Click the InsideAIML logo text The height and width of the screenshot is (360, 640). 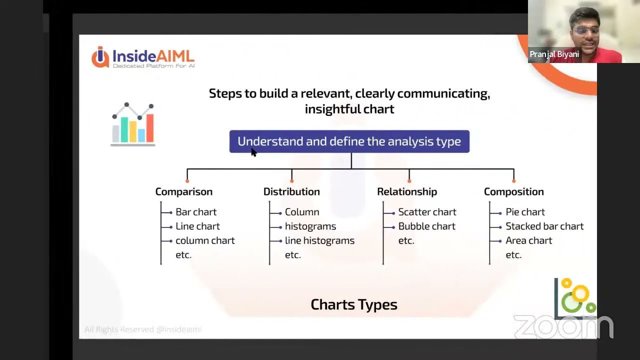(x=152, y=56)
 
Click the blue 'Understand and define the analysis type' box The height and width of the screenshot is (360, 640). (x=349, y=141)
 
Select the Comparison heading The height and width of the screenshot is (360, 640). (x=183, y=191)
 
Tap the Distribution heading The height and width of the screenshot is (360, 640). (x=291, y=191)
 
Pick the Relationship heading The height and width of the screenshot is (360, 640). (x=406, y=191)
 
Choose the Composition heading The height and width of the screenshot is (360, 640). (x=513, y=191)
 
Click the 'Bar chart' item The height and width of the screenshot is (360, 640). (x=195, y=212)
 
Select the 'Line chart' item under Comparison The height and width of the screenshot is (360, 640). (x=197, y=226)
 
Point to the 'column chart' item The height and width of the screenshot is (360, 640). (x=204, y=240)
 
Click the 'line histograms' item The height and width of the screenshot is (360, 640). (x=319, y=240)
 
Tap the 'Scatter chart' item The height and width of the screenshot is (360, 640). (x=426, y=212)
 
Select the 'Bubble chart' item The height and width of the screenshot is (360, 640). (x=426, y=226)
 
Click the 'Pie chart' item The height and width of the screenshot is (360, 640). (x=524, y=212)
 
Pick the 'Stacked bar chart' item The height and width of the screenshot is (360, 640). (x=544, y=226)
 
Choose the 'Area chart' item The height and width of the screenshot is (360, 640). (x=528, y=240)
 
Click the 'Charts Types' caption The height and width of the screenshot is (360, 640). (x=353, y=304)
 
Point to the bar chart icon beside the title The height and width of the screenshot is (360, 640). (x=133, y=124)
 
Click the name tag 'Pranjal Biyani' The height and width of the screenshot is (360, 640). (x=554, y=54)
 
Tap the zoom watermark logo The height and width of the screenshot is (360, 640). (x=563, y=327)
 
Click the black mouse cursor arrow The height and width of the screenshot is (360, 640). (x=253, y=152)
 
